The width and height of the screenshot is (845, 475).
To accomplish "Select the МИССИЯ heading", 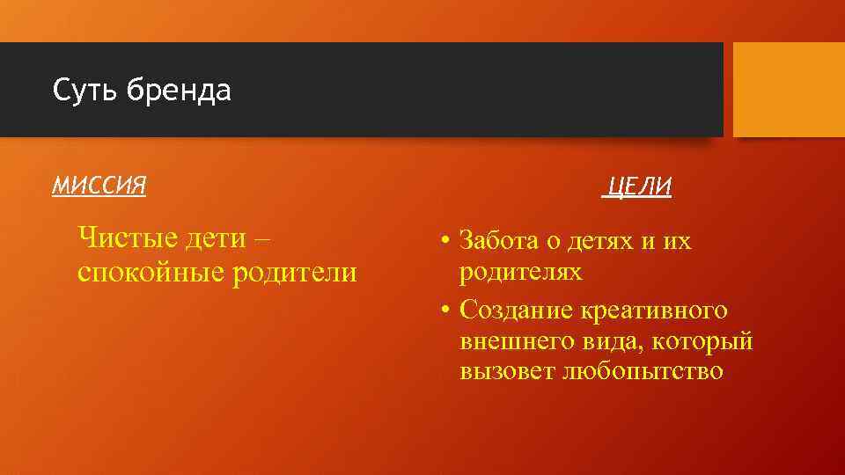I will point(99,185).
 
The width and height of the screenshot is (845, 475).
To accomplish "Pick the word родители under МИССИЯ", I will point(295,273).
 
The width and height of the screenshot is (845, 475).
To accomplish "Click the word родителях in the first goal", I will point(520,272).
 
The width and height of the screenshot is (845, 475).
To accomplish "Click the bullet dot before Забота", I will point(447,242).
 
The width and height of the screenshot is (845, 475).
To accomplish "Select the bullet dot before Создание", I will point(447,310).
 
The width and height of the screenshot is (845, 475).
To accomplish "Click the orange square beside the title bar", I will point(789,90).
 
